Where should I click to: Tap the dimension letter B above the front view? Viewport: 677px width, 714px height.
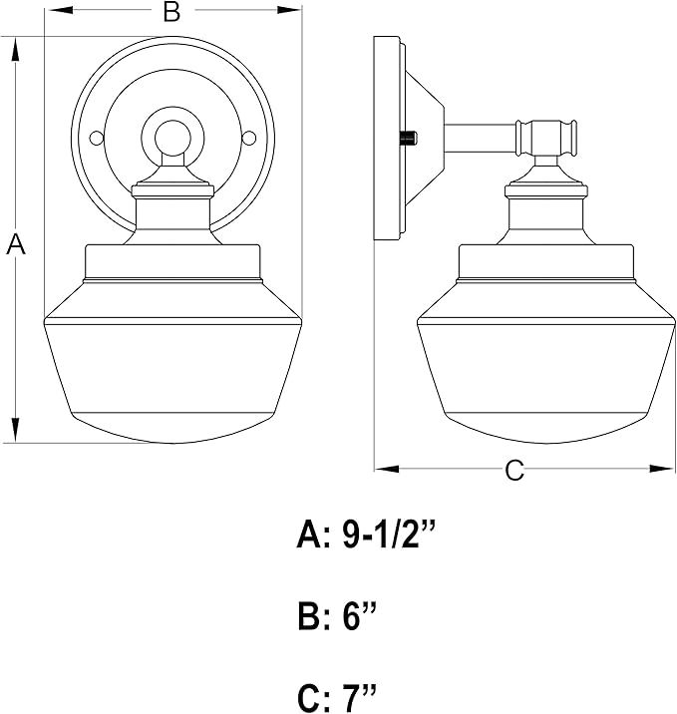(x=172, y=11)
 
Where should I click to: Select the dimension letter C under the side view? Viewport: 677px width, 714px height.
(x=514, y=470)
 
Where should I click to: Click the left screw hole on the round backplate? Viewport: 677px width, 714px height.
(x=96, y=138)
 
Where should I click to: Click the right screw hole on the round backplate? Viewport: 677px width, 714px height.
(x=249, y=138)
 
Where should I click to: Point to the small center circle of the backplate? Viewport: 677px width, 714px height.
(x=172, y=138)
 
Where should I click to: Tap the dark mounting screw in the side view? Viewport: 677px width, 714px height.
(x=410, y=137)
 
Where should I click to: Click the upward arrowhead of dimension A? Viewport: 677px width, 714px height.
(x=16, y=49)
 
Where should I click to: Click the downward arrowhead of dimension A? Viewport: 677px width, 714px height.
(x=16, y=430)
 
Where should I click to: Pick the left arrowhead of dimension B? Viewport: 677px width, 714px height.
(x=59, y=10)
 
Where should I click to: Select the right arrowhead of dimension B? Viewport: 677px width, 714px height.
(x=289, y=10)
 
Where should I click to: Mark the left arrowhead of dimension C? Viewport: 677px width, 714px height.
(x=387, y=469)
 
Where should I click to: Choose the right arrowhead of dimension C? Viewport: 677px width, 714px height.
(x=662, y=469)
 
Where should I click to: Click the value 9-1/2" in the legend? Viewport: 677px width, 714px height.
(x=389, y=535)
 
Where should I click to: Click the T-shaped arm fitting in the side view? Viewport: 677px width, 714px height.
(x=546, y=138)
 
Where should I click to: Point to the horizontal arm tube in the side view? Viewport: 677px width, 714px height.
(x=481, y=138)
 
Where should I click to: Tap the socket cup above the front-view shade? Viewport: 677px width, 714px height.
(x=173, y=214)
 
